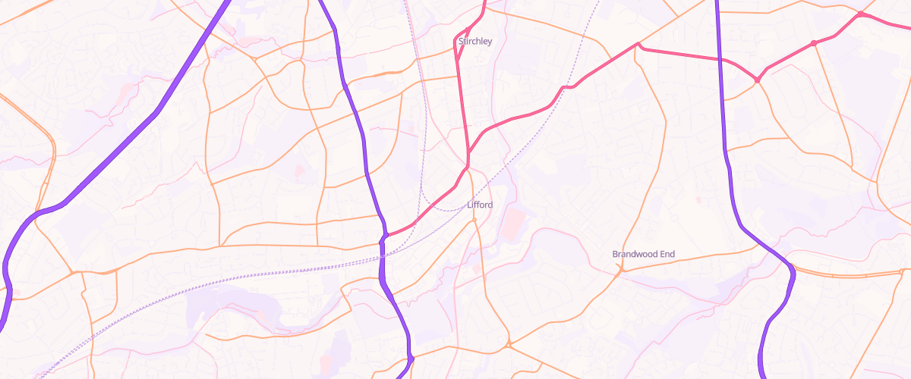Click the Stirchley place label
[x=475, y=42]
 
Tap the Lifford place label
[x=480, y=205]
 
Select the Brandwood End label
[x=643, y=254]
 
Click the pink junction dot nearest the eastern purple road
[x=757, y=80]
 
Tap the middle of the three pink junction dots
[x=813, y=43]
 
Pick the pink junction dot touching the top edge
[x=859, y=14]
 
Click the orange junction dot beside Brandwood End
[x=621, y=268]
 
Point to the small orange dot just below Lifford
[x=474, y=220]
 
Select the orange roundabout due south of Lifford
[x=509, y=345]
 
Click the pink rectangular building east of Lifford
[x=514, y=223]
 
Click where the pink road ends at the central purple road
[x=386, y=236]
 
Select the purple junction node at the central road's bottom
[x=410, y=357]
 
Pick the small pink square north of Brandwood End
[x=698, y=200]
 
